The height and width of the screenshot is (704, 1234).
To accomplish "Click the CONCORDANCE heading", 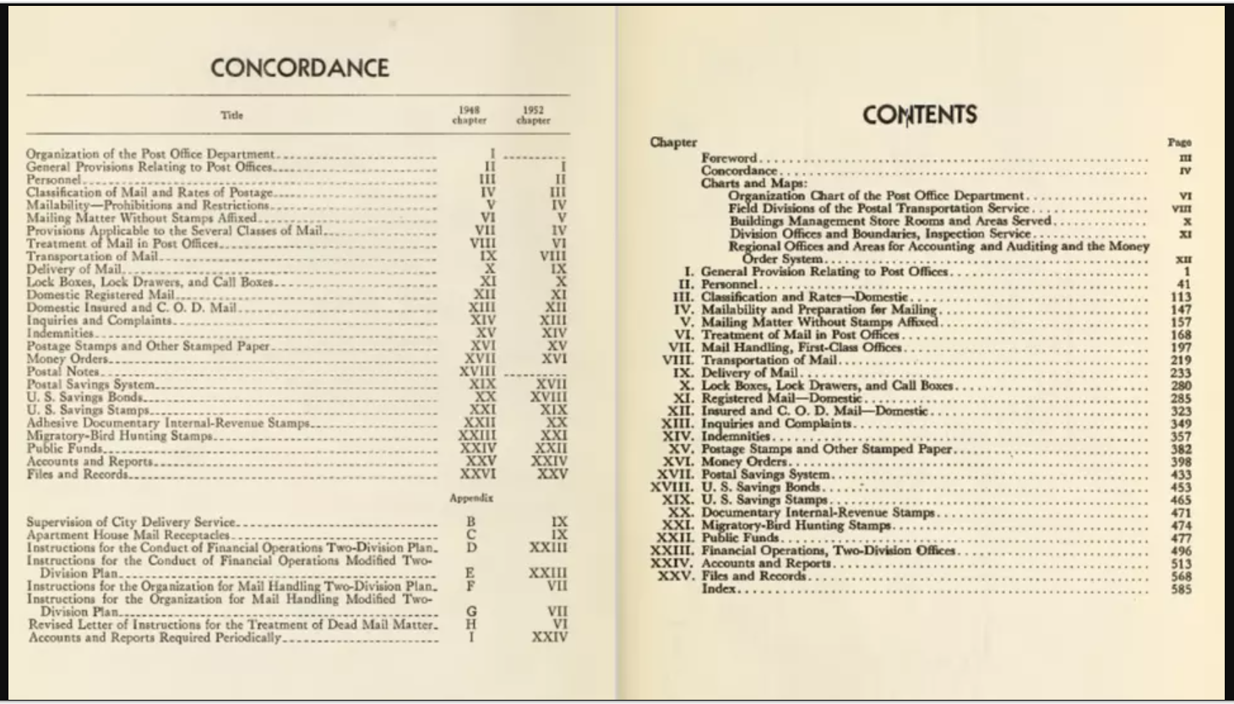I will point(300,68).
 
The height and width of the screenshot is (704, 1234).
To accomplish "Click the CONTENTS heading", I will point(919,114).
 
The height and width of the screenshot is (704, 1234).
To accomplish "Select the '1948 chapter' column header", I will point(469,115).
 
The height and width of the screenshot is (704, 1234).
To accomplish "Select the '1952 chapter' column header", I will point(533,115).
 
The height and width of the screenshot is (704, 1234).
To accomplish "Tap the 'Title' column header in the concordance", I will point(231,115).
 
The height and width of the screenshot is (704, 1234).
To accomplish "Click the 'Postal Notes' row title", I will point(63,371).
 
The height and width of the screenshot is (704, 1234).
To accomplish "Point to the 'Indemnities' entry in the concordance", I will point(59,333).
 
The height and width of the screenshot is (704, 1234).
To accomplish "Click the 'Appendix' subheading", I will point(471,498).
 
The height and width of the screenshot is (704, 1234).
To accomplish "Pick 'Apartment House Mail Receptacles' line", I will point(128,534).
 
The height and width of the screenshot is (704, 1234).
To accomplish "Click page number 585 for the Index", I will point(1181,589).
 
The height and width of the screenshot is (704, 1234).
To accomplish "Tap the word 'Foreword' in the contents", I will point(729,158).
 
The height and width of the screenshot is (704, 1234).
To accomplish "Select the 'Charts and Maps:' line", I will point(754,183).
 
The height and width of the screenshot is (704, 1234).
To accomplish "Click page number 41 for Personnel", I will point(1185,284).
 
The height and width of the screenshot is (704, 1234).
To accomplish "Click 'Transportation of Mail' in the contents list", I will point(769,360).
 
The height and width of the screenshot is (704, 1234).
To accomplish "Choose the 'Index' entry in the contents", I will point(719,588).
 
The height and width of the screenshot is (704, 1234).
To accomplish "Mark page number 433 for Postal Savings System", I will point(1181,475).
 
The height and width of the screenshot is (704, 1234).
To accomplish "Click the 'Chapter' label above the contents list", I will point(673,142).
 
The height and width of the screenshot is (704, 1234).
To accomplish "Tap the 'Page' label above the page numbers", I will point(1179,142).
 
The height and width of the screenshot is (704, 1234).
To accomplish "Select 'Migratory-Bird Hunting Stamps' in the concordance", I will point(119,436).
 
